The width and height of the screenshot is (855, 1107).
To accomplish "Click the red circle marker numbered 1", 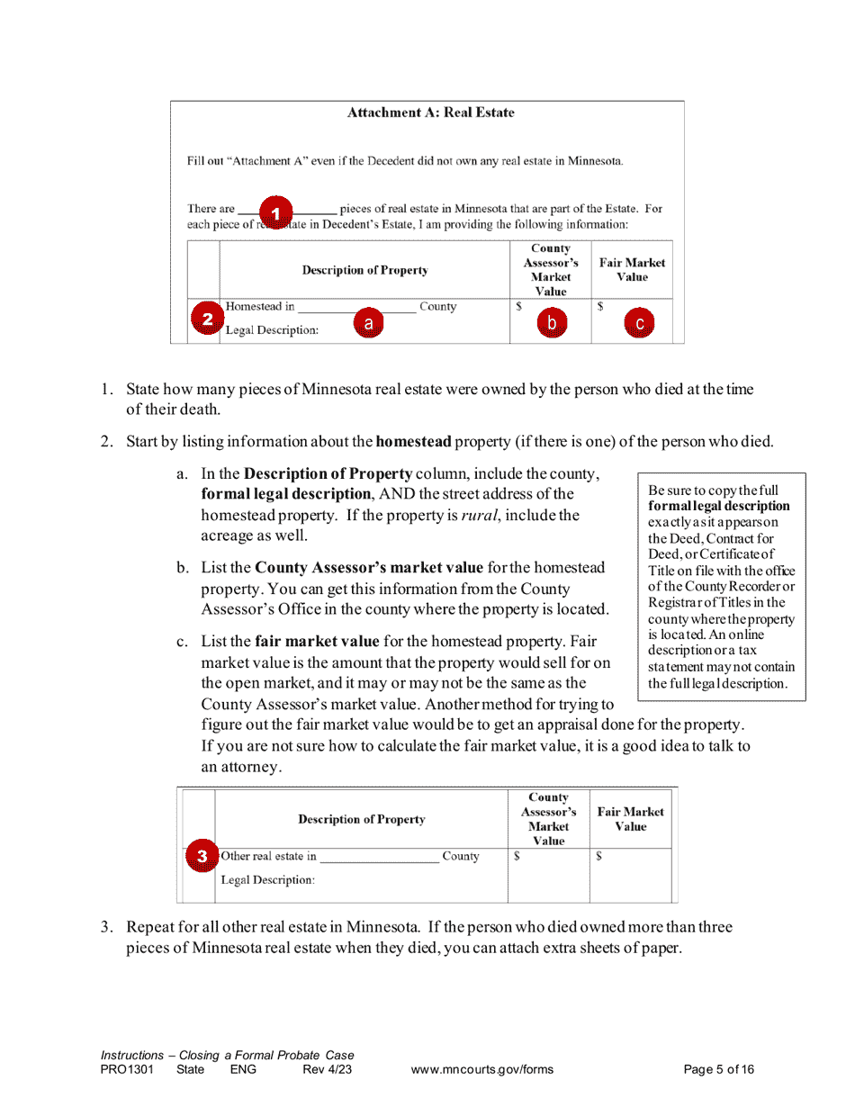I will [x=276, y=211].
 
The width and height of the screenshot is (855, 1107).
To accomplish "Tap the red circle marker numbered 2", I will [x=207, y=319].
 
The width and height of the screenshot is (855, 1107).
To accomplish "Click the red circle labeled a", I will [x=367, y=322].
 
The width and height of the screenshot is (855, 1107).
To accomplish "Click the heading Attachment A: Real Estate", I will [x=430, y=112].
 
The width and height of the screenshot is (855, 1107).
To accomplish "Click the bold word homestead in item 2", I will [x=413, y=442].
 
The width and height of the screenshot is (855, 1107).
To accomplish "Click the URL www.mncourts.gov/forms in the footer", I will [x=481, y=1070].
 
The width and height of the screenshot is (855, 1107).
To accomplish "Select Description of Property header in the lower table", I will [x=362, y=820].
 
